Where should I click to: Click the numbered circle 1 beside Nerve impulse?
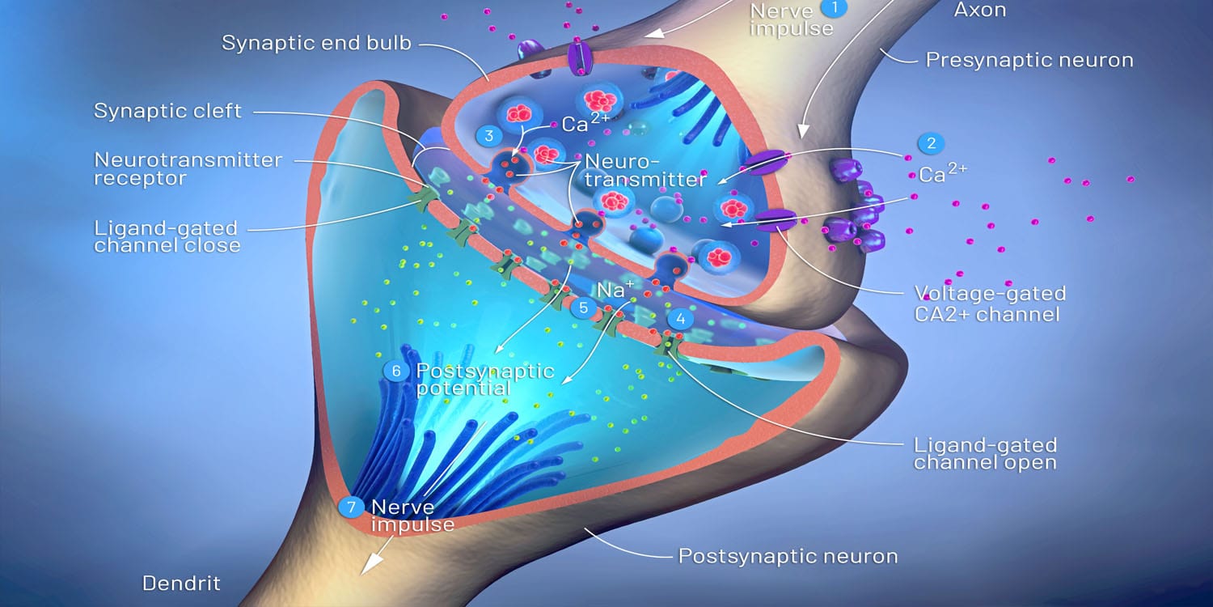(x=835, y=7)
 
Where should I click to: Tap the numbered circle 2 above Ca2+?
(x=932, y=143)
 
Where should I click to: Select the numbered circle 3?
(x=489, y=135)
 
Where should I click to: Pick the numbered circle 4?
(x=681, y=319)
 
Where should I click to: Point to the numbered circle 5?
(x=583, y=308)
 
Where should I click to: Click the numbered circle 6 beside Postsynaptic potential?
(x=396, y=371)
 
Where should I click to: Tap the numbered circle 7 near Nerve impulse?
(x=352, y=507)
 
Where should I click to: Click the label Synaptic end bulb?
(x=316, y=44)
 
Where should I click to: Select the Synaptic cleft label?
(x=167, y=111)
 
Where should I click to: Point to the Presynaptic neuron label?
(x=1029, y=60)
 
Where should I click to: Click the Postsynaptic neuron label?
(x=788, y=556)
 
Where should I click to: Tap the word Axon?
(x=980, y=10)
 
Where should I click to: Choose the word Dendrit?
(x=181, y=584)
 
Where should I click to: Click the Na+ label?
(x=615, y=290)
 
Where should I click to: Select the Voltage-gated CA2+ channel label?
(x=990, y=304)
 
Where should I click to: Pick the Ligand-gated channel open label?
(x=985, y=453)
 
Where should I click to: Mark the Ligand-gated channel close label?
(x=167, y=237)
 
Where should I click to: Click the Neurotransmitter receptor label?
(x=188, y=169)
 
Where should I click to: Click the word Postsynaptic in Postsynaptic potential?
(x=485, y=371)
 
